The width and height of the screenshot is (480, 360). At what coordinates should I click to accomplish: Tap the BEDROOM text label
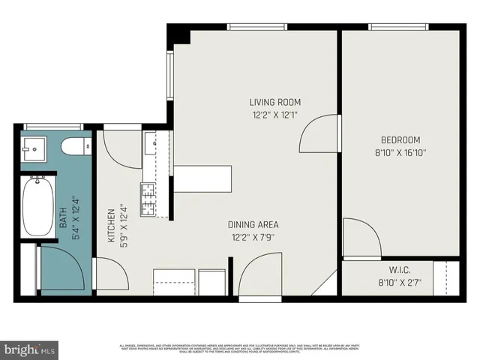point(400,139)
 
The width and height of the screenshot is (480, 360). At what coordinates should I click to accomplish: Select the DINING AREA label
point(253,224)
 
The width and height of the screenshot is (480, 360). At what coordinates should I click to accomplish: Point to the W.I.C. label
point(399,269)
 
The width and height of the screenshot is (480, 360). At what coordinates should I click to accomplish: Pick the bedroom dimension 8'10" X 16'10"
point(400,153)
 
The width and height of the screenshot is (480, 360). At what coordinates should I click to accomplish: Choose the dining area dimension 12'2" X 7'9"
point(253,238)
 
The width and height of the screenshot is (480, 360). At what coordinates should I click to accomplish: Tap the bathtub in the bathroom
point(37,208)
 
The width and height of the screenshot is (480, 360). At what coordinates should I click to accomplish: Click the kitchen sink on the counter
point(150,142)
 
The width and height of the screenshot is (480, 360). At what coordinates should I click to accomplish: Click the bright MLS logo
point(30,349)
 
